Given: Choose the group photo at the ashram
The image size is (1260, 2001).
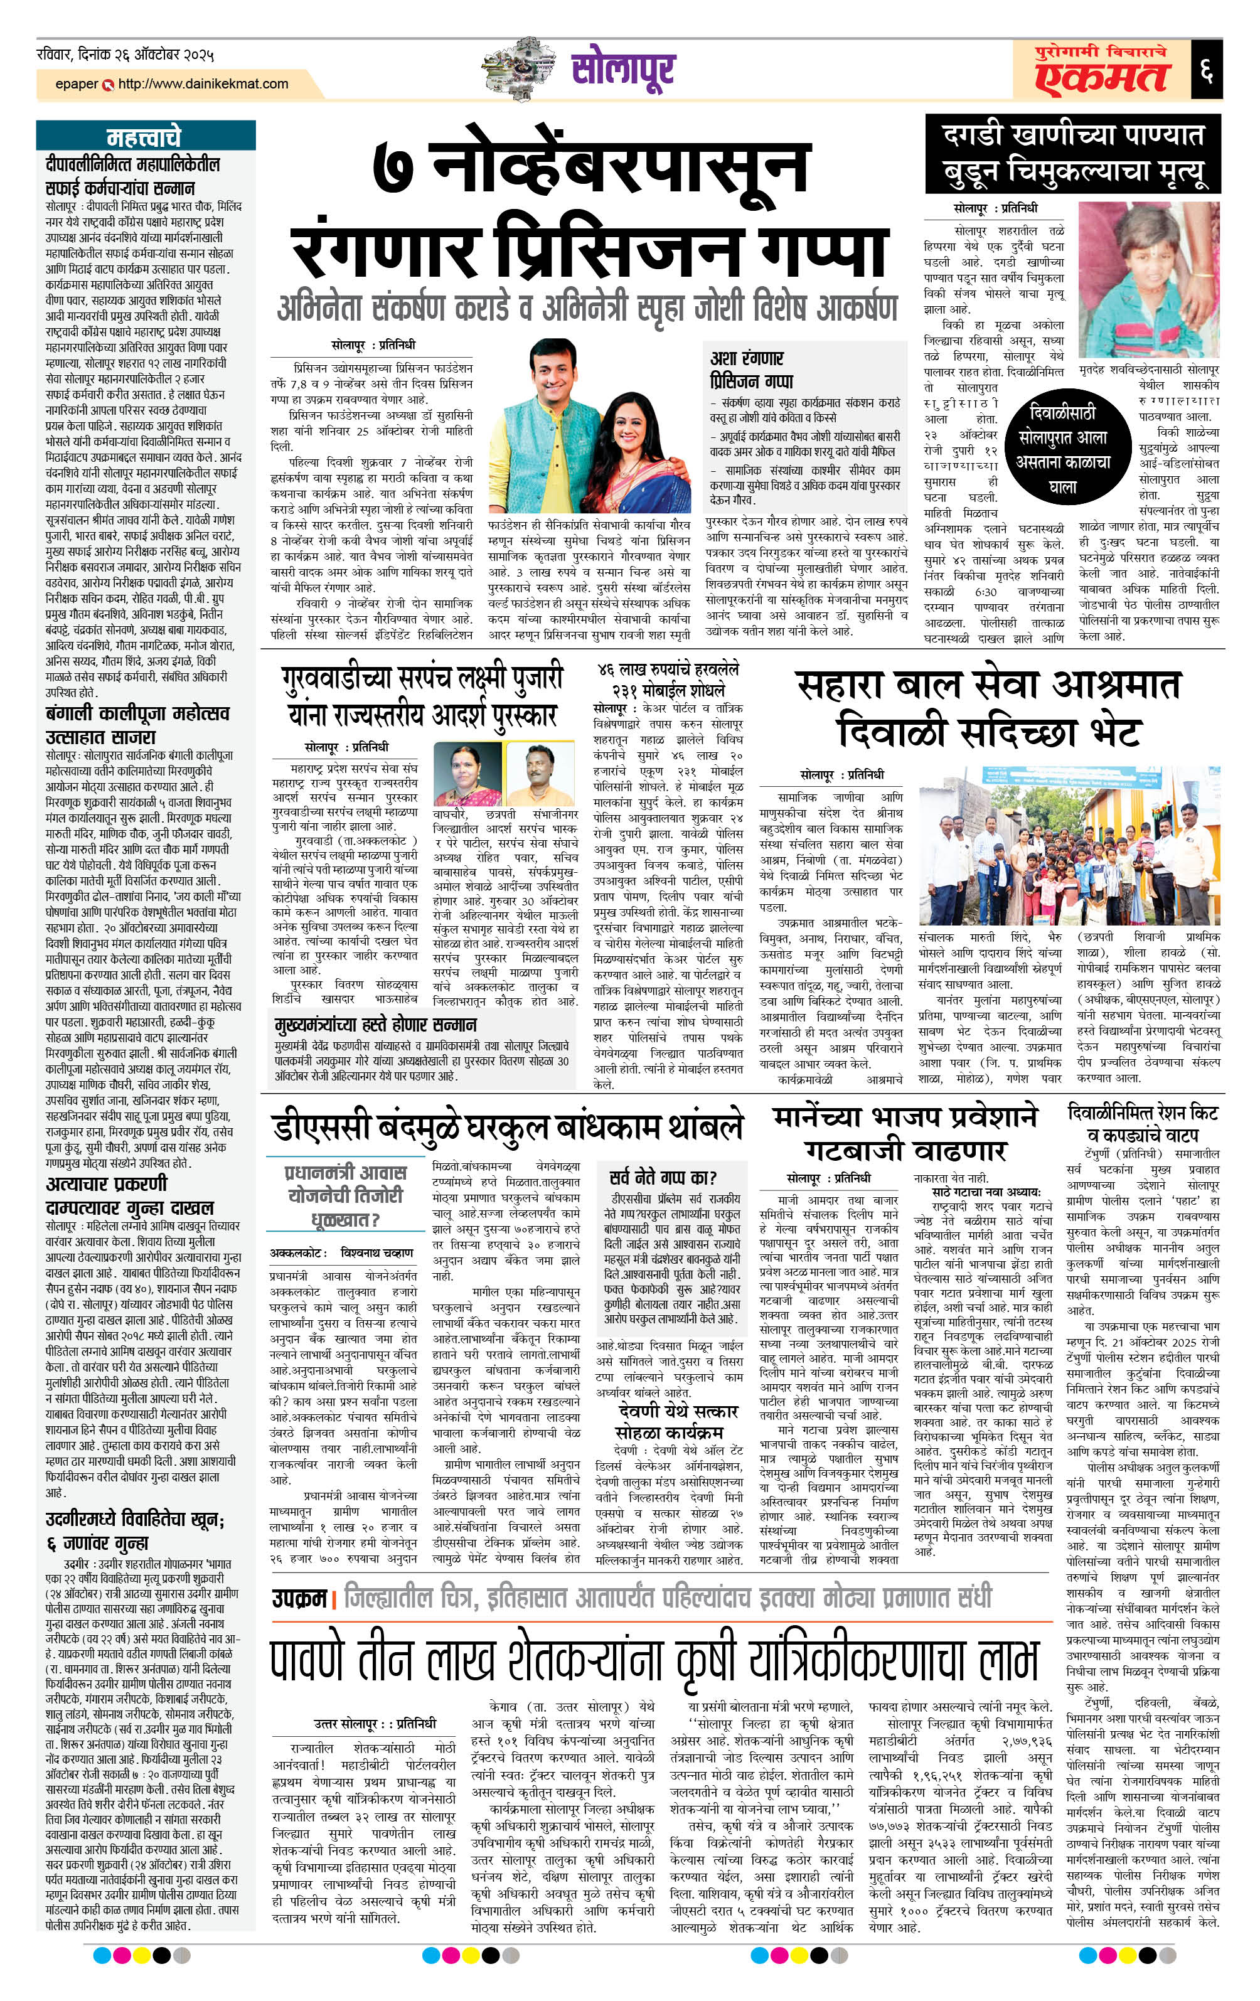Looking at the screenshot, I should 1070,843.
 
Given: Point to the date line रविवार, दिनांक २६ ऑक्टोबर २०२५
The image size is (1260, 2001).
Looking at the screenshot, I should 125,56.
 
